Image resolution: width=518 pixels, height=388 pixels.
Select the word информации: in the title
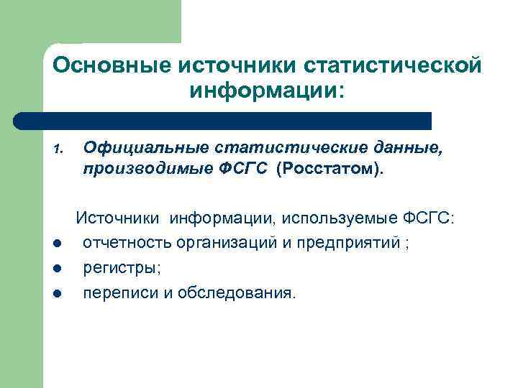click(268, 91)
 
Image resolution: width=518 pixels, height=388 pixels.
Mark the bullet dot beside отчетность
click(58, 244)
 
